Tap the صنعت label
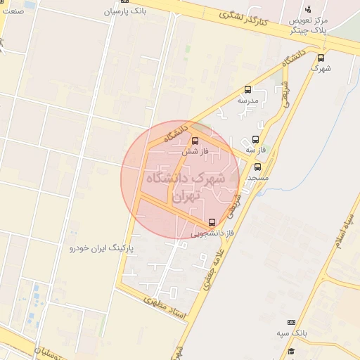[x=12, y=11]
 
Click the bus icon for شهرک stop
[x=321, y=58]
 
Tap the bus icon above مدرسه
[x=247, y=89]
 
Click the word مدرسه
[x=247, y=101]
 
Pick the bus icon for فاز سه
[x=255, y=139]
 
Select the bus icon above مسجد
[x=257, y=167]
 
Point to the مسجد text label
[x=258, y=178]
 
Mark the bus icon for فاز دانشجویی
[x=212, y=222]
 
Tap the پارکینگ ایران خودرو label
[x=101, y=249]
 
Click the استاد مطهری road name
[x=166, y=307]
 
